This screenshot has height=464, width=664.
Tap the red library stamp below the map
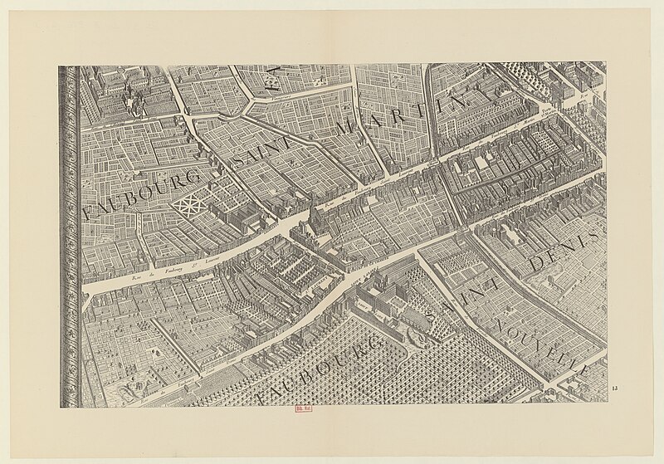[x=304, y=408]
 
